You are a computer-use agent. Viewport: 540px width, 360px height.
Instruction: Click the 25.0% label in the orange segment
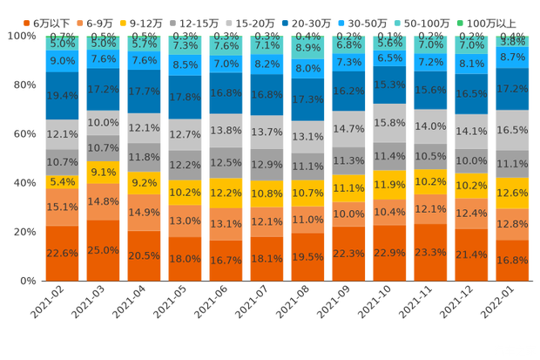point(103,250)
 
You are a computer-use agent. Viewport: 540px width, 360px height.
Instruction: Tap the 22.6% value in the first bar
point(62,254)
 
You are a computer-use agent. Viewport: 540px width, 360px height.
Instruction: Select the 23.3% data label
point(430,251)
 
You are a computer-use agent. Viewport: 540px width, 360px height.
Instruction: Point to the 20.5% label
point(144,255)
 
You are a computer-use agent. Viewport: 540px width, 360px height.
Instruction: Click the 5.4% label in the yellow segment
point(62,182)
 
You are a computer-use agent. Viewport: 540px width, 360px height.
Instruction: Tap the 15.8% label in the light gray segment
point(389,122)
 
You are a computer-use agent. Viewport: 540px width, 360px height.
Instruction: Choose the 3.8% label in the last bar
point(513,40)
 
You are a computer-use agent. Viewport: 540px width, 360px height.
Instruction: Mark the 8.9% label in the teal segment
point(307,48)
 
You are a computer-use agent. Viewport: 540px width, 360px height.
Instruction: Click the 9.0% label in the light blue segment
point(62,60)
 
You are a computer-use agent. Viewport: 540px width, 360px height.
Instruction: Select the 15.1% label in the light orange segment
point(62,207)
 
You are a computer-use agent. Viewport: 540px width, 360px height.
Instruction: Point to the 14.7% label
point(348,128)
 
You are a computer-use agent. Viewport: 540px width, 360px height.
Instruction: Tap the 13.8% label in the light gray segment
point(226,130)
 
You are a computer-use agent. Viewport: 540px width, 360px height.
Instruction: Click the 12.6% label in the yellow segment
point(512,193)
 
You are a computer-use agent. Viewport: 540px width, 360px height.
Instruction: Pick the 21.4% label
point(471,254)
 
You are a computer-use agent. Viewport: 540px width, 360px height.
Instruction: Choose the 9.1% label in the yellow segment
point(103,172)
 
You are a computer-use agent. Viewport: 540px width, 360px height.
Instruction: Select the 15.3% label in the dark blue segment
point(389,85)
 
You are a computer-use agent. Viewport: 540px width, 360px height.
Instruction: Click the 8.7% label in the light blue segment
point(512,56)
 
